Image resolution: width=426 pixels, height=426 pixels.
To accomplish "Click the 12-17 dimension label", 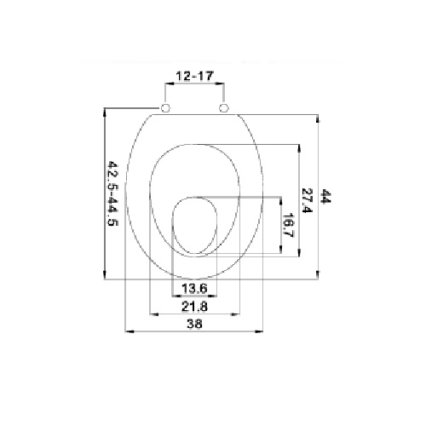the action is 194,76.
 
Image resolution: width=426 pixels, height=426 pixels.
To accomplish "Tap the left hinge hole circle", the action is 165,107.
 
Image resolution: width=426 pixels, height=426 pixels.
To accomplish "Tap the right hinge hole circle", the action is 224,107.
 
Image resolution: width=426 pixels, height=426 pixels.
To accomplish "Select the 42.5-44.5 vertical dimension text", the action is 112,193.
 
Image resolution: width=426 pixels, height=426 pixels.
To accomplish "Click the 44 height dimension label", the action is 325,196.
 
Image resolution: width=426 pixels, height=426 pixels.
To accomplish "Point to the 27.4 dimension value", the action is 307,200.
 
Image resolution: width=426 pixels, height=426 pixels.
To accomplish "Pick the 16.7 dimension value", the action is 288,225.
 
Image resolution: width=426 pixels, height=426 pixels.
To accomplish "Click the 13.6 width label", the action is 194,289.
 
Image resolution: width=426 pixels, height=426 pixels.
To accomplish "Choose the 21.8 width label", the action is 194,307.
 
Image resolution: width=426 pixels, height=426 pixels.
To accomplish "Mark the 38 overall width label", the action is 194,324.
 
